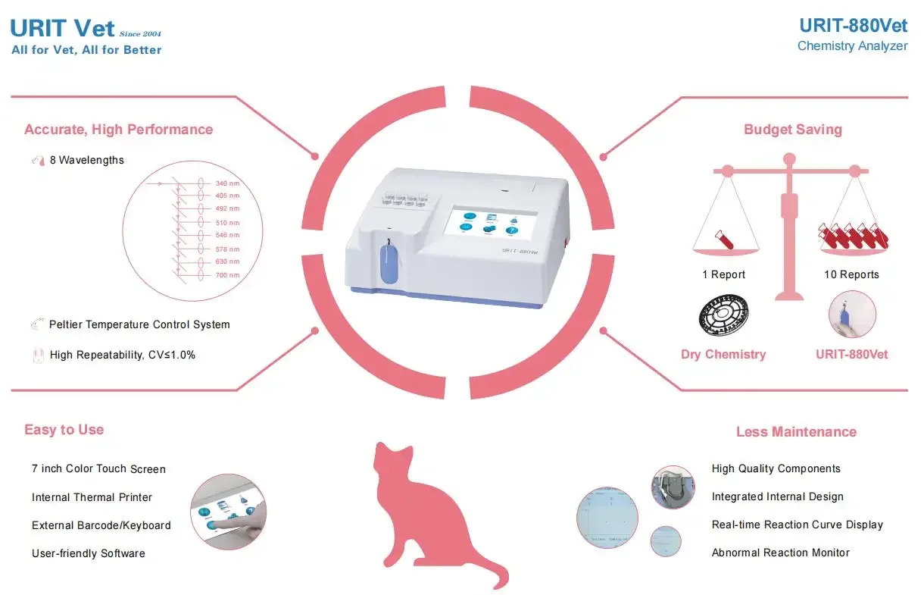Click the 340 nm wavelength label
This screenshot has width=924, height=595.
click(x=227, y=183)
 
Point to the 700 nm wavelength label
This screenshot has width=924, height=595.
click(x=227, y=275)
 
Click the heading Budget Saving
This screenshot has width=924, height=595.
click(x=792, y=130)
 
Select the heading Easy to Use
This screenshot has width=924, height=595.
click(x=64, y=430)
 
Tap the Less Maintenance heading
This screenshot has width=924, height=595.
click(x=796, y=432)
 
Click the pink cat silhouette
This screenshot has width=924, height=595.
click(x=424, y=508)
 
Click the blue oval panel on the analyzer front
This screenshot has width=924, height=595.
click(x=388, y=262)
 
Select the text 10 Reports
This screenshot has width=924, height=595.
click(x=851, y=274)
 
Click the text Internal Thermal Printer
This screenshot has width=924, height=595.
click(x=92, y=497)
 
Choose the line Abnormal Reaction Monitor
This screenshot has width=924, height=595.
click(x=780, y=553)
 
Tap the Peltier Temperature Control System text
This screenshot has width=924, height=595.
click(x=139, y=324)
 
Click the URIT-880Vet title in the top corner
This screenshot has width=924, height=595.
click(x=853, y=26)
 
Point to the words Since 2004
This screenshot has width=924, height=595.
click(x=140, y=34)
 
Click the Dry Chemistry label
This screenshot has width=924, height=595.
click(x=723, y=354)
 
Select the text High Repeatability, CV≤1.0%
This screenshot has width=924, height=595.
click(x=122, y=354)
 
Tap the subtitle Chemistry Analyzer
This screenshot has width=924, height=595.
click(x=852, y=46)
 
